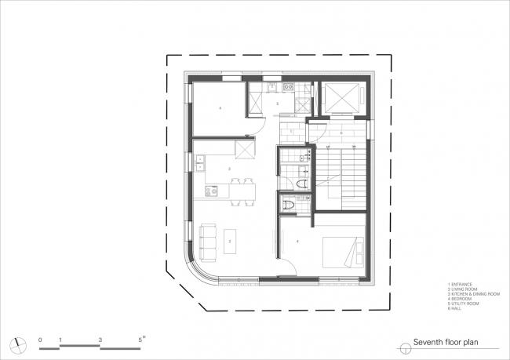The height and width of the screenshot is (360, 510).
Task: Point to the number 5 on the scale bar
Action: coord(141,338)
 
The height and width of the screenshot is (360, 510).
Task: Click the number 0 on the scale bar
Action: coord(40,338)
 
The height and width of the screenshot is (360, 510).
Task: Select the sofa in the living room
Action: coord(208,241)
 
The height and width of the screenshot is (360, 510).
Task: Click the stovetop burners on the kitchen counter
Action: coord(209,190)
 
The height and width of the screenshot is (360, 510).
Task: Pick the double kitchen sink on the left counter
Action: coord(199,163)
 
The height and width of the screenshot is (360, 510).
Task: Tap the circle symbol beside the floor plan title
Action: coord(404,344)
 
